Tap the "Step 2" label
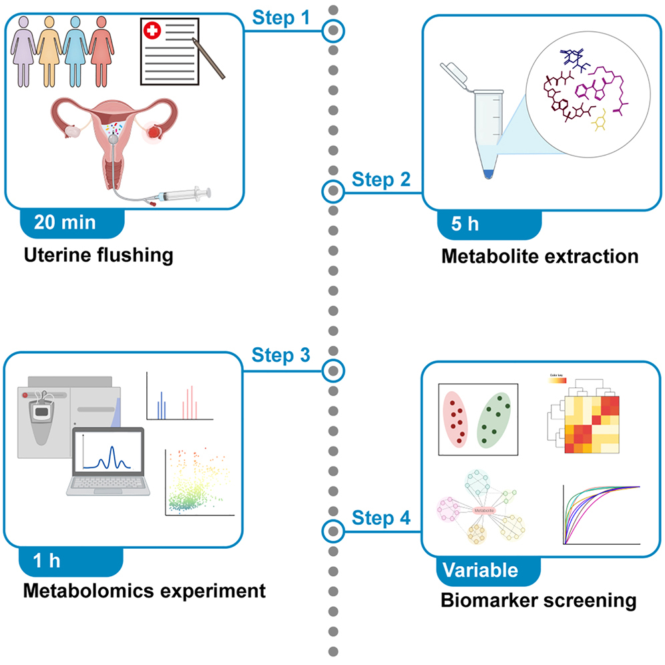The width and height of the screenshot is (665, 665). tap(382, 178)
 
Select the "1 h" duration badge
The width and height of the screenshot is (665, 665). tap(47, 560)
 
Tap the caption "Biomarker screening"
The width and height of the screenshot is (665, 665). tap(538, 600)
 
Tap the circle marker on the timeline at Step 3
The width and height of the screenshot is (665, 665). tap(332, 369)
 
